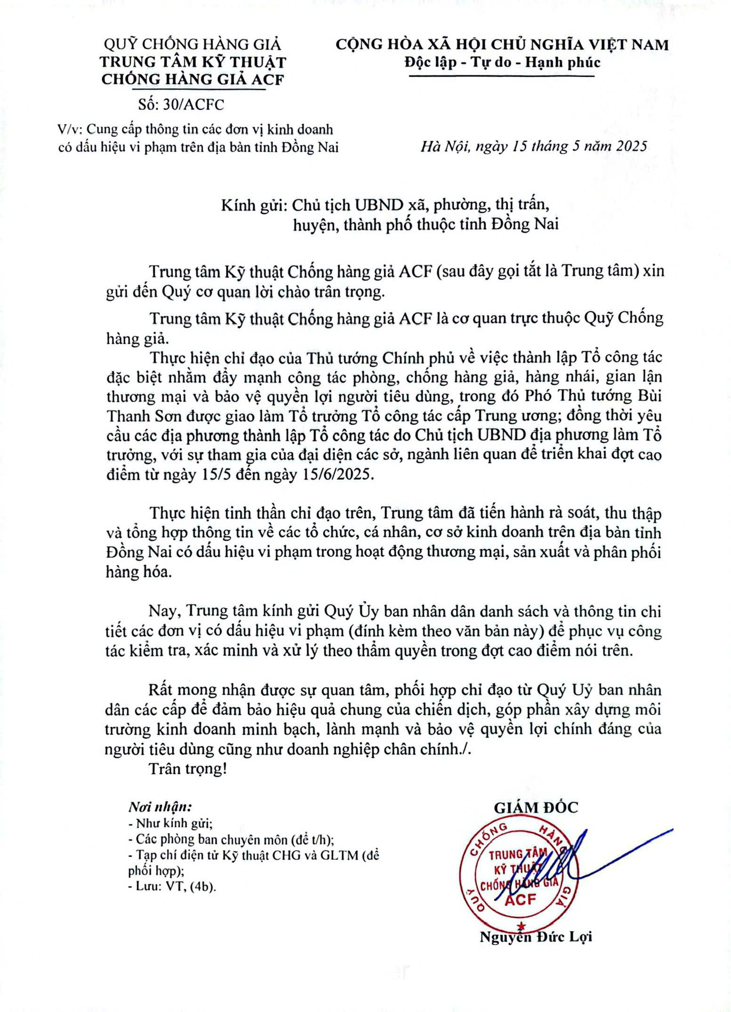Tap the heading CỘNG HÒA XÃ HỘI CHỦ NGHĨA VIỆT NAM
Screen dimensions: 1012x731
click(502, 45)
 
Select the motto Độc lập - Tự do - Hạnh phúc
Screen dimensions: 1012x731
click(502, 63)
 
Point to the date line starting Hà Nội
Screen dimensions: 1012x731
click(534, 146)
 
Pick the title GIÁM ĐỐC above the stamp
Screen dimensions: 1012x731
click(536, 807)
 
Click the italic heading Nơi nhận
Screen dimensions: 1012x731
click(160, 807)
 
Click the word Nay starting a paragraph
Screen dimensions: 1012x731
click(164, 611)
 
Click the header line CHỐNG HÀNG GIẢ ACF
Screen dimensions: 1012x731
click(193, 79)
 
